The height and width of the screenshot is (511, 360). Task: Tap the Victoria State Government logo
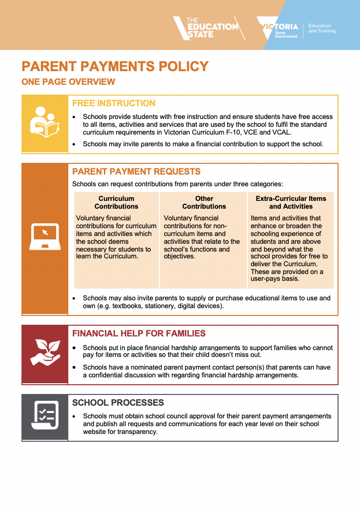[x=280, y=29]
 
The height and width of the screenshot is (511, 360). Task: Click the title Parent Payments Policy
[x=115, y=66]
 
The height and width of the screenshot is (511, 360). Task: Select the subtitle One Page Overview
[x=68, y=82]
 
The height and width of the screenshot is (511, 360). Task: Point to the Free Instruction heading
[x=114, y=103]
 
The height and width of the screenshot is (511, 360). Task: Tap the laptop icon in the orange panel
[x=44, y=236]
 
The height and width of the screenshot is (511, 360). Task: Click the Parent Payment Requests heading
[x=136, y=172]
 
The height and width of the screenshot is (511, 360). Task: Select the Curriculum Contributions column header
[x=116, y=202]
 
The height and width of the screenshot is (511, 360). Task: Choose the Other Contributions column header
[x=204, y=202]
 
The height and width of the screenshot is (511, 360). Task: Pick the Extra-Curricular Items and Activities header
[x=291, y=202]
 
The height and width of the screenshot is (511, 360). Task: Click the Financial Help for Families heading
[x=139, y=334]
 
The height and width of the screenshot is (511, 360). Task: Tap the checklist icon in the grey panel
[x=44, y=415]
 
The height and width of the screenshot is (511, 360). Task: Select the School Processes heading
[x=118, y=403]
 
